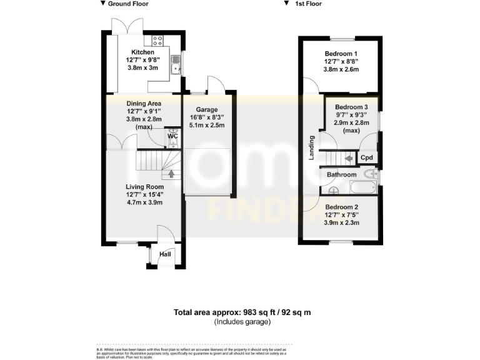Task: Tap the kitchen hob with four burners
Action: point(157,41)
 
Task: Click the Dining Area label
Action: point(144,103)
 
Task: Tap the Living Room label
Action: point(144,187)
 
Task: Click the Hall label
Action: point(165,254)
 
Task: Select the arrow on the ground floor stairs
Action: point(172,173)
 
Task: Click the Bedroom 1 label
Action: point(341,53)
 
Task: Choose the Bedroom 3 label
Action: point(351,107)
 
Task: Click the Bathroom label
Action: point(341,175)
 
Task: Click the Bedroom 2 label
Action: point(341,207)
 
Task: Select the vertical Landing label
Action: point(311,148)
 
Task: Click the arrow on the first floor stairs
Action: point(347,159)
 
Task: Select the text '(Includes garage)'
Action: point(242,321)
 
